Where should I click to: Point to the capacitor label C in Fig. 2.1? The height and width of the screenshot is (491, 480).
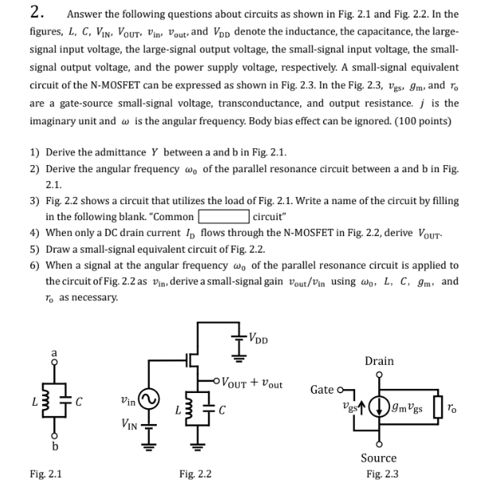point(77,399)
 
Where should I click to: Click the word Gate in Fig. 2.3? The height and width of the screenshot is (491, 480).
point(322,389)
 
